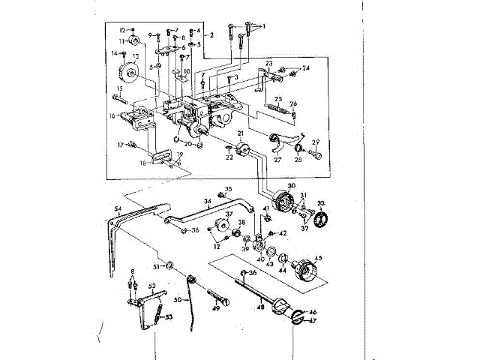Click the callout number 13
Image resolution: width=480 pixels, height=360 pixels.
136,55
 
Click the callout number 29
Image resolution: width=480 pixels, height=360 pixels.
316,142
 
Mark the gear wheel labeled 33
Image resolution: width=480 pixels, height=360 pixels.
320,220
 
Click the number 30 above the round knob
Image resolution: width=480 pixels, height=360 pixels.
291,185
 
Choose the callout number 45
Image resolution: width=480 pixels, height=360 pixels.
319,259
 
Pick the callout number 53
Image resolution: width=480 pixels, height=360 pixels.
169,317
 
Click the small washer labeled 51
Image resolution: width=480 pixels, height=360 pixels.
169,265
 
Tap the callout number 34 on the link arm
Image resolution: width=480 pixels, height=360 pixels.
208,201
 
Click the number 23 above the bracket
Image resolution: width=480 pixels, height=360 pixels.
268,64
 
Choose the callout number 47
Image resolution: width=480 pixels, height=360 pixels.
313,320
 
